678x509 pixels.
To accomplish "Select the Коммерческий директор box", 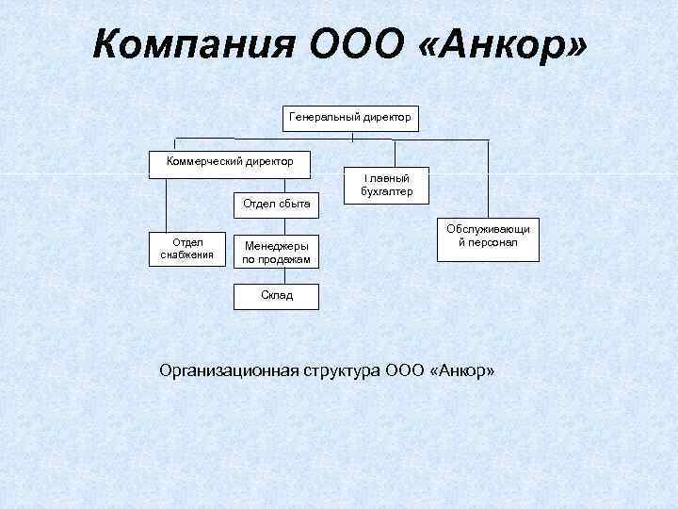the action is tap(232, 162).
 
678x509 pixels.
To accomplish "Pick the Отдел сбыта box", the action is tap(276, 203).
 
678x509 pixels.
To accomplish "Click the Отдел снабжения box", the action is tap(188, 249).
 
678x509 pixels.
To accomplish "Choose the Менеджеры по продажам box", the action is tap(276, 252).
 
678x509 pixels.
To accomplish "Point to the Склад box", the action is tap(276, 296).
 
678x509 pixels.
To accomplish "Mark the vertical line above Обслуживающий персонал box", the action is tap(489, 179).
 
